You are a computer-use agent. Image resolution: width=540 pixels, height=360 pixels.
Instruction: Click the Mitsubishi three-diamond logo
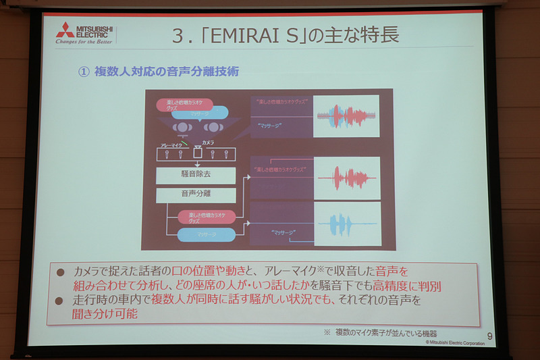point(66,30)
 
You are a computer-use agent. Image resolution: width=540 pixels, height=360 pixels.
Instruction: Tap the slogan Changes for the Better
point(83,43)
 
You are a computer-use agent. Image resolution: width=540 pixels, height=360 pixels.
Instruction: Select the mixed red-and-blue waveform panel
point(346,116)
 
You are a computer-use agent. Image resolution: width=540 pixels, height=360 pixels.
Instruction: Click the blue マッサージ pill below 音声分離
point(206,234)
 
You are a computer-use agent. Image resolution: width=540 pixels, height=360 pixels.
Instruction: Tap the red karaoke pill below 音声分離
point(206,217)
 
